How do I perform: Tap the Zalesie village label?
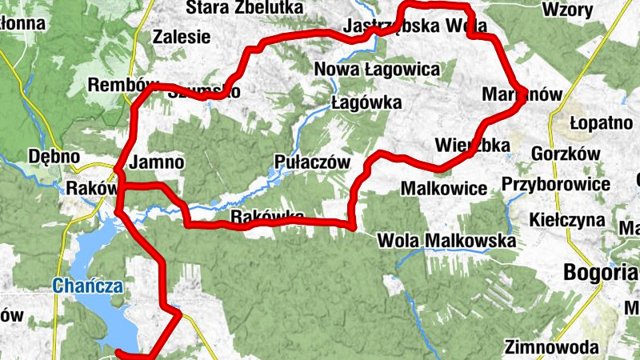tap(182, 37)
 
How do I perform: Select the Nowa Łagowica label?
tap(378, 70)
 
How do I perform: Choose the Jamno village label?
tap(157, 162)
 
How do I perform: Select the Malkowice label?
tap(445, 190)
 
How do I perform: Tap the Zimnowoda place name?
tap(552, 347)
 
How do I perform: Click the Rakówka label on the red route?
tap(267, 218)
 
